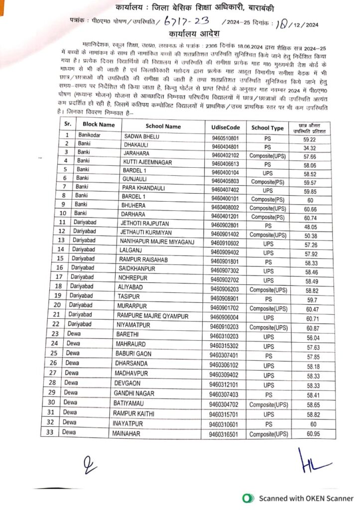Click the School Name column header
(163, 127)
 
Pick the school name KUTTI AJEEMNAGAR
(148, 163)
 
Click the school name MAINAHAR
(128, 434)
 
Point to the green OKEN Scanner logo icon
(246, 498)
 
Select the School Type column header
(267, 127)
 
